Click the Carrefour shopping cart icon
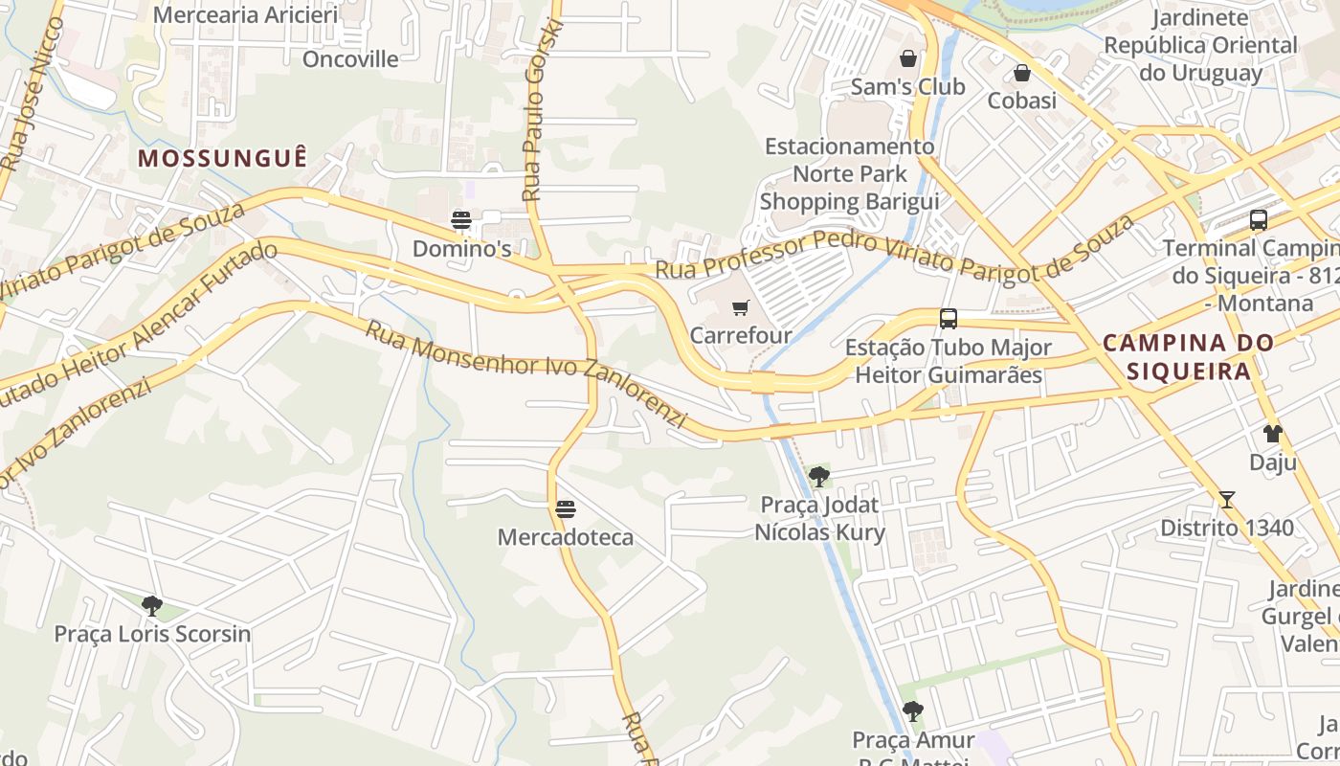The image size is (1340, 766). pyautogui.click(x=740, y=308)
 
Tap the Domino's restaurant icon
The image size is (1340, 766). pyautogui.click(x=461, y=221)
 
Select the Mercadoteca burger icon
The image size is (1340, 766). pyautogui.click(x=566, y=509)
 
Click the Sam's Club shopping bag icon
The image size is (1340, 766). pyautogui.click(x=907, y=58)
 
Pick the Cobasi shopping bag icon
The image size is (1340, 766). pyautogui.click(x=1021, y=73)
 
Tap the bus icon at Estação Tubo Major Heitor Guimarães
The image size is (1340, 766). pyautogui.click(x=948, y=319)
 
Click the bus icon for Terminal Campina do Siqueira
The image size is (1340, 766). pyautogui.click(x=1258, y=220)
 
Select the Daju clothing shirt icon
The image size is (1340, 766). pyautogui.click(x=1272, y=434)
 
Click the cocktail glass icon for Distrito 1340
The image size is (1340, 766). pyautogui.click(x=1226, y=500)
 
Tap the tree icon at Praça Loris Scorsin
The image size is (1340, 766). pyautogui.click(x=151, y=606)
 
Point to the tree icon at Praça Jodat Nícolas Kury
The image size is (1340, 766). pyautogui.click(x=818, y=476)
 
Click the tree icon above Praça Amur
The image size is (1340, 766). pyautogui.click(x=912, y=711)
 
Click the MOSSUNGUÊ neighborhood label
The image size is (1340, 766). pyautogui.click(x=223, y=159)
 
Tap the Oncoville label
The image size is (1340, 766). pyautogui.click(x=350, y=59)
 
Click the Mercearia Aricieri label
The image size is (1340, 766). pyautogui.click(x=246, y=15)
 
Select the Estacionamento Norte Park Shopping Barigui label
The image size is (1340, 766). pyautogui.click(x=849, y=173)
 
